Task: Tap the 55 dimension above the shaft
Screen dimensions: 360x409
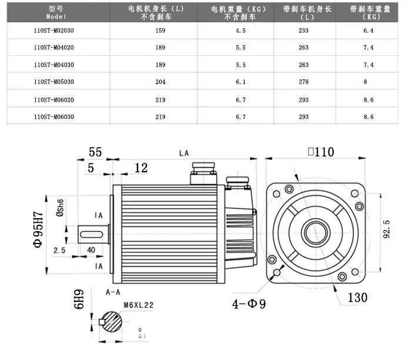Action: coord(95,152)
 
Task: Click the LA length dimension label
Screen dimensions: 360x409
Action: coord(184,153)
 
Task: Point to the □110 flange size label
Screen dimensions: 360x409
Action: coord(320,152)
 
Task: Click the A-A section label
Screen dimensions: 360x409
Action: coord(113,292)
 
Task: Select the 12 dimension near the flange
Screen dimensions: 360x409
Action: coord(140,168)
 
